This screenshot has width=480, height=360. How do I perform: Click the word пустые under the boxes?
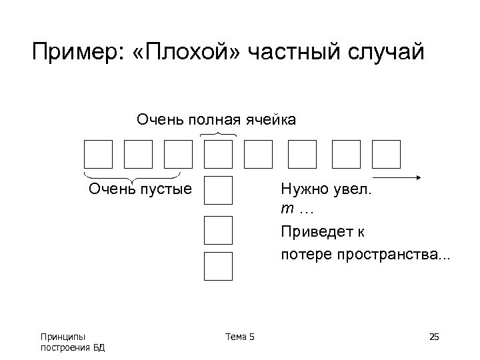tap(165, 189)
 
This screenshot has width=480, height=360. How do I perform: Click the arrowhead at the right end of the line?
tap(420, 177)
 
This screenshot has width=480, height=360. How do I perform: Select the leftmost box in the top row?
tap(98, 154)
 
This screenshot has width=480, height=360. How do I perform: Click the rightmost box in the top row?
tap(386, 154)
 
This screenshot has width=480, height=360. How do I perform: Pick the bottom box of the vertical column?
tap(218, 266)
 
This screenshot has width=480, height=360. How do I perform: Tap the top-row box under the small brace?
tap(218, 154)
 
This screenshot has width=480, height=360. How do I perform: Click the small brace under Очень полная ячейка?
tap(218, 135)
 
